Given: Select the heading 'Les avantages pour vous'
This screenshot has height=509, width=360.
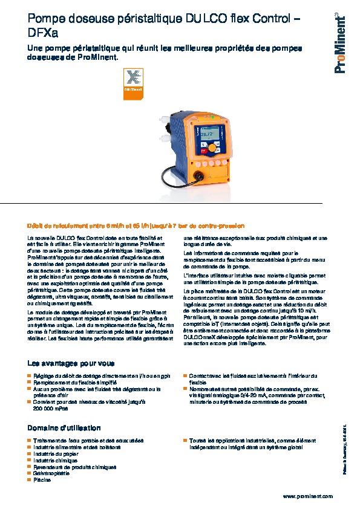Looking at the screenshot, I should click(x=71, y=363).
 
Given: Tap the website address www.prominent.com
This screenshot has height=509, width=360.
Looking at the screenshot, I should click(x=307, y=496).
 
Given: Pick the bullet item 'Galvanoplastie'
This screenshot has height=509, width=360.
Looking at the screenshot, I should click(x=53, y=473).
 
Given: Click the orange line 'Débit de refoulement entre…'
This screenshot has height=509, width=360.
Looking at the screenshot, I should click(x=136, y=225).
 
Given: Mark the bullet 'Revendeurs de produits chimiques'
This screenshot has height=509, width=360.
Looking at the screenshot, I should click(x=75, y=467).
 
